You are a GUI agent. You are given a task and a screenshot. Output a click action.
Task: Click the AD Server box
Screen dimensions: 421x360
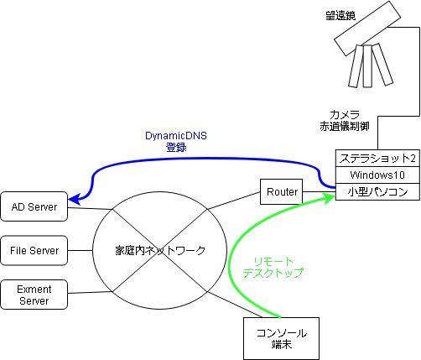[34, 206]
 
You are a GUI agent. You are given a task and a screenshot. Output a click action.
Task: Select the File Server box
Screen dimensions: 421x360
[34, 250]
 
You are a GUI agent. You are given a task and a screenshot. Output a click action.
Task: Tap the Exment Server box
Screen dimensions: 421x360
[34, 295]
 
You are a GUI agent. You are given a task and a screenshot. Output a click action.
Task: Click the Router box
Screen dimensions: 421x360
[281, 191]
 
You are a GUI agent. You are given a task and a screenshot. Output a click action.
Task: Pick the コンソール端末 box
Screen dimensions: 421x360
[281, 338]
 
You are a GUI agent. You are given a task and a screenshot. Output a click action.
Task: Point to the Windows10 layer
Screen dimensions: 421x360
[377, 175]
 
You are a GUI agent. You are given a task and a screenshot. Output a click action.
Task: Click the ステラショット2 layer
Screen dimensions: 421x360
[377, 159]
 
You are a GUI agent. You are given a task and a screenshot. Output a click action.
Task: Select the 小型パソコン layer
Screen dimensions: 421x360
[377, 192]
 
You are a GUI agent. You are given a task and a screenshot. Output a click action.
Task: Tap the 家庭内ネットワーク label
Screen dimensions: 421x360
[160, 250]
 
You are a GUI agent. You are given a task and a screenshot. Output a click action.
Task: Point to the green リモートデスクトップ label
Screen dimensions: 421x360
[273, 268]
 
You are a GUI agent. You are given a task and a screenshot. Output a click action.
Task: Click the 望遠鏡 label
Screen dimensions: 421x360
[340, 15]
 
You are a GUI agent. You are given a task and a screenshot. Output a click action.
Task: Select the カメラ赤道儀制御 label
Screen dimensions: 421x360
[345, 121]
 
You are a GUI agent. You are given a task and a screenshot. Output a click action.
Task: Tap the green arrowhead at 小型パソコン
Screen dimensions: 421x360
[330, 198]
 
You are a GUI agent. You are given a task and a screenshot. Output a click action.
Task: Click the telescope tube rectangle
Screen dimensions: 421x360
[367, 29]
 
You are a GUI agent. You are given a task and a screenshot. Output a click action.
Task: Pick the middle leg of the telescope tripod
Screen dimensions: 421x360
[367, 66]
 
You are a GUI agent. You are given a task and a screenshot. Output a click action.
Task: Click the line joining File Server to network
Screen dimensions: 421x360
[81, 250]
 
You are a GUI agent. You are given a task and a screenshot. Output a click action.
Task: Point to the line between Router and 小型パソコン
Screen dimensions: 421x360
[319, 192]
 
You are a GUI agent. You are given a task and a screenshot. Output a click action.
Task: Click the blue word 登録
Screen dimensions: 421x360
[176, 148]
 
